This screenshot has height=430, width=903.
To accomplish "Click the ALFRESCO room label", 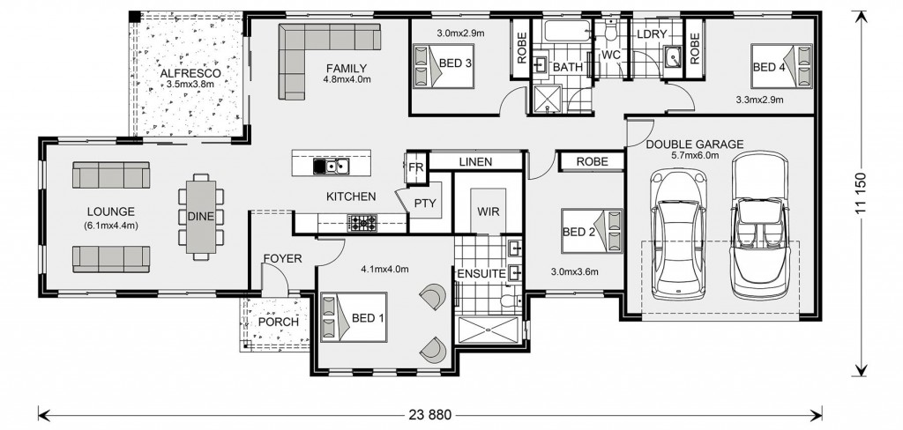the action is point(190,74).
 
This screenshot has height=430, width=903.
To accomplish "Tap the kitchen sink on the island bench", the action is point(332,167).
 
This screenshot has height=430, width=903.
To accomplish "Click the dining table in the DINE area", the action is point(201,217).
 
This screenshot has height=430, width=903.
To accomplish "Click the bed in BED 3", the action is point(444,65).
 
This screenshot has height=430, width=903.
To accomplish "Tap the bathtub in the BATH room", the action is point(567,31).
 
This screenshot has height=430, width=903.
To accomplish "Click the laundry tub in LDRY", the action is point(672,56).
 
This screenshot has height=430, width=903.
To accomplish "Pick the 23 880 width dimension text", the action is point(430,414).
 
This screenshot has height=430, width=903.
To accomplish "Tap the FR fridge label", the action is point(416,167).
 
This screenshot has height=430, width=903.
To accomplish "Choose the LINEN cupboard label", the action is point(475,162).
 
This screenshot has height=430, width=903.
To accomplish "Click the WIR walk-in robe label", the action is point(488,211).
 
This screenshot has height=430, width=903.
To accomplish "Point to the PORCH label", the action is point(278,322).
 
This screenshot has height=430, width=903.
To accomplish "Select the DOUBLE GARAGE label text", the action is point(695,145).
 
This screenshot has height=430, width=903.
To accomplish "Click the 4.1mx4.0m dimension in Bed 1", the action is point(384,269).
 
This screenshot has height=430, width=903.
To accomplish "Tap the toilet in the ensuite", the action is point(510,300).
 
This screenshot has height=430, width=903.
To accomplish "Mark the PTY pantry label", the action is point(425,204).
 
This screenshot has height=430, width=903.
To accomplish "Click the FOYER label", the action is point(282,259).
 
